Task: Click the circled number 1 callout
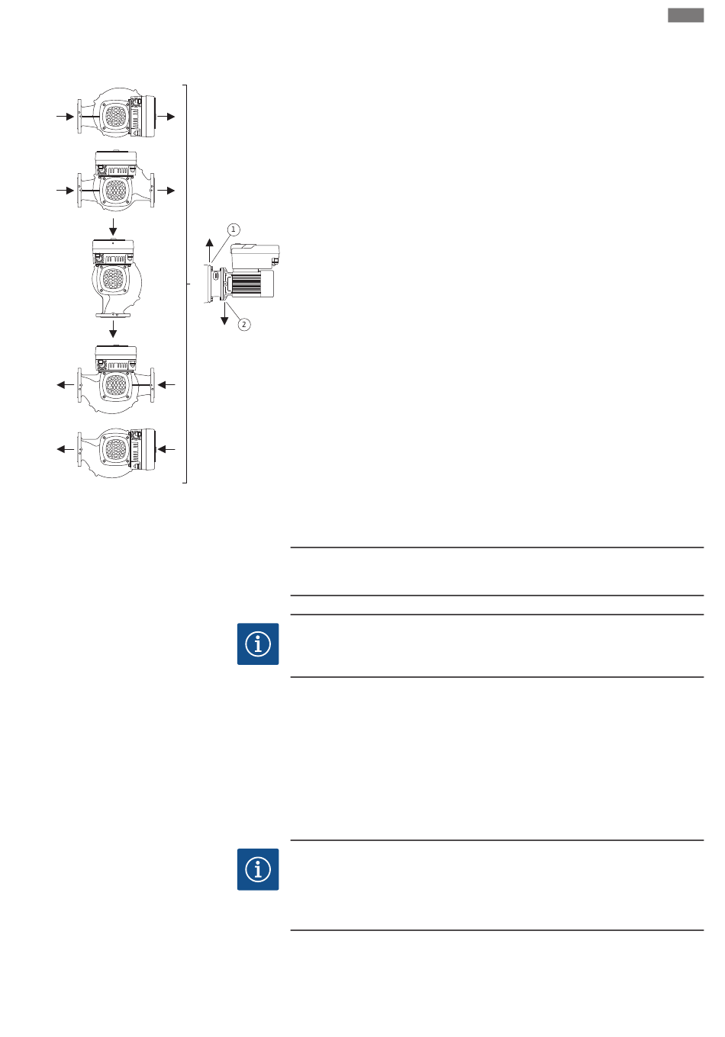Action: (x=234, y=230)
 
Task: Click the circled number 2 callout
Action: (x=244, y=325)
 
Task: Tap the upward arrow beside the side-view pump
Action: (x=209, y=250)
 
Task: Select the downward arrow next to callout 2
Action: (x=224, y=314)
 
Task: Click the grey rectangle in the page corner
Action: (x=685, y=15)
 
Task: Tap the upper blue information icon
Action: (x=258, y=644)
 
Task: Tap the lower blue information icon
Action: (x=258, y=869)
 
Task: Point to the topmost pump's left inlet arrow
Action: (x=66, y=117)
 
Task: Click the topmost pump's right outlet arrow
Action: (x=166, y=117)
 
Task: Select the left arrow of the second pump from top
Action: (x=66, y=191)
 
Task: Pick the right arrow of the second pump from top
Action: (x=166, y=191)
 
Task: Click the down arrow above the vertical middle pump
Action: (x=113, y=227)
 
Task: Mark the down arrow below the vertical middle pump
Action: (x=113, y=329)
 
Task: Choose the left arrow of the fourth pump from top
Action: (x=66, y=385)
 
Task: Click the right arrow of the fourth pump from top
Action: (x=166, y=385)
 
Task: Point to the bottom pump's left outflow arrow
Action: (x=66, y=449)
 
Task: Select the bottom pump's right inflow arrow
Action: (x=166, y=449)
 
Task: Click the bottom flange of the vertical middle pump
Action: (x=113, y=315)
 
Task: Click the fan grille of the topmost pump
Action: (x=115, y=116)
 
